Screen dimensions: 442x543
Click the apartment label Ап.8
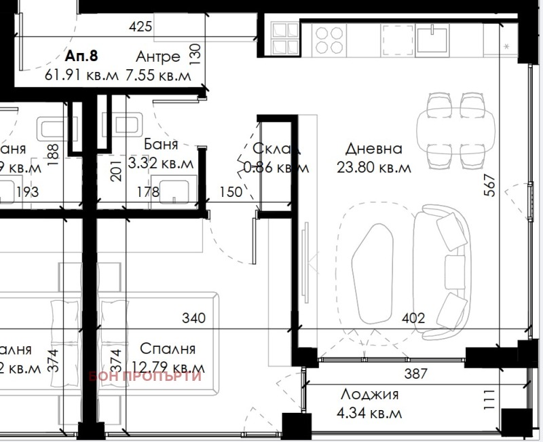coord(80,56)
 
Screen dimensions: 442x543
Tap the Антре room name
coord(157,56)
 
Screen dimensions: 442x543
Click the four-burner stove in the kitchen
coord(329,39)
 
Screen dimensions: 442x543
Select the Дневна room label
coord(373,148)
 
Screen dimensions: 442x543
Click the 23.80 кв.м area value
coord(373,168)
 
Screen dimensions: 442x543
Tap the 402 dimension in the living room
coord(413,318)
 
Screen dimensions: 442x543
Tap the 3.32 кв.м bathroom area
coord(162,164)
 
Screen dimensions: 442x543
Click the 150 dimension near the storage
coord(231,192)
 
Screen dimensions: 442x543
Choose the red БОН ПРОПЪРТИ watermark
coord(145,376)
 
